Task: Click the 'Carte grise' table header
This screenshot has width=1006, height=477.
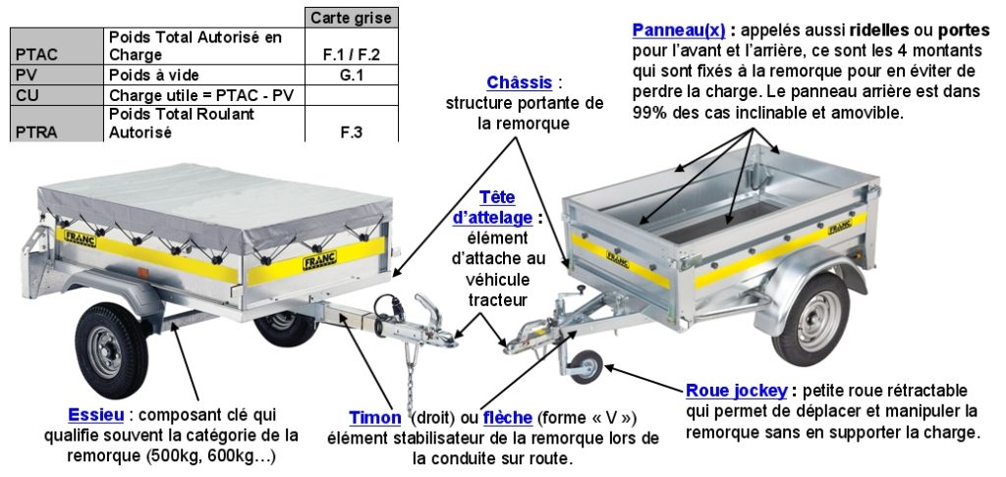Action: [x=352, y=18]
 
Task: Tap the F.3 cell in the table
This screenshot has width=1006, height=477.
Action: [x=352, y=132]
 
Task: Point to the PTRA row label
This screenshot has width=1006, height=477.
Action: [x=31, y=132]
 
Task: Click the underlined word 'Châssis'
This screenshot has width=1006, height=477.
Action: [x=518, y=81]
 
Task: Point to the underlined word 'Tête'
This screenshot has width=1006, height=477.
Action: [x=497, y=198]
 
